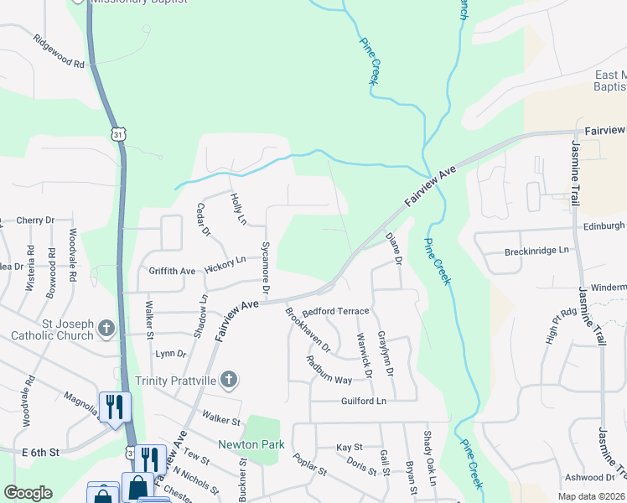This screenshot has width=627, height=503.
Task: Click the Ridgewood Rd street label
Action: [59, 52]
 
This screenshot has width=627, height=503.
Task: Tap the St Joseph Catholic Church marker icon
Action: [106, 328]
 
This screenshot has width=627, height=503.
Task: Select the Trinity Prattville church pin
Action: [229, 380]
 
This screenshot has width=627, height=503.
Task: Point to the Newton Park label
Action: [251, 444]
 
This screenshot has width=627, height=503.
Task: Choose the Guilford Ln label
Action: [364, 402]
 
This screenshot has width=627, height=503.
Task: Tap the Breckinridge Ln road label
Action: [536, 251]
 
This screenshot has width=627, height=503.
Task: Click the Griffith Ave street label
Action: [172, 272]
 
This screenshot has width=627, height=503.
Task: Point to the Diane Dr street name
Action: [394, 249]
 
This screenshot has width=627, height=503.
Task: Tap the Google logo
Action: [28, 493]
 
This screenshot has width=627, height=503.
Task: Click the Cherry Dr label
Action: [35, 220]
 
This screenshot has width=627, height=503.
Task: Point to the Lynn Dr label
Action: [170, 354]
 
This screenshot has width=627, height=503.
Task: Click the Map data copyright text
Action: [593, 496]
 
